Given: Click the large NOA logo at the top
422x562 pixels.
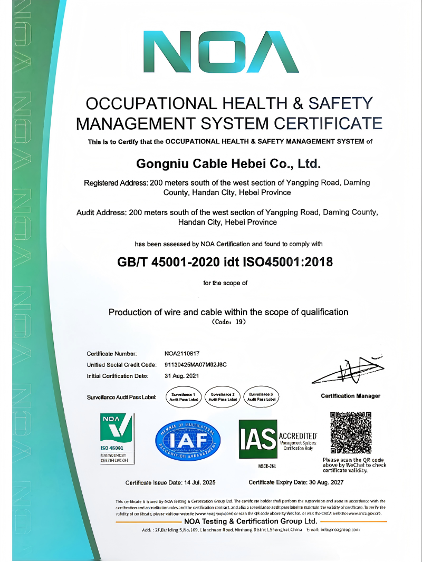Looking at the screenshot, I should (221, 53).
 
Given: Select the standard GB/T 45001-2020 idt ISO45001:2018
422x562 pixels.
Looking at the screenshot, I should (225, 261).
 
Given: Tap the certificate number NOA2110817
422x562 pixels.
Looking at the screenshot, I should (182, 353).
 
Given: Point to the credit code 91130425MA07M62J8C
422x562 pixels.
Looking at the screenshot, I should (196, 365).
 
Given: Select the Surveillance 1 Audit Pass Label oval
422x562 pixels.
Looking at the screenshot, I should (183, 396).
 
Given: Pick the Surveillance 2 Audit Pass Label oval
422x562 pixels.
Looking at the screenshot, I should (222, 396).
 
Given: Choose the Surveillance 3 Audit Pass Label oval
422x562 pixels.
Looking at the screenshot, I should (262, 396).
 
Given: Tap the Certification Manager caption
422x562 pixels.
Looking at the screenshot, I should (350, 396).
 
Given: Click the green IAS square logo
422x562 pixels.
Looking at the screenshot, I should (258, 439).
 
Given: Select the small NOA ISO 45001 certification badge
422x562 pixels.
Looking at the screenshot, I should (117, 439).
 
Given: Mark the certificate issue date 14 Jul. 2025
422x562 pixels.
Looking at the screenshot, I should (170, 482).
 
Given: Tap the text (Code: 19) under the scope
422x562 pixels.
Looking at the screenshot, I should (228, 321).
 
